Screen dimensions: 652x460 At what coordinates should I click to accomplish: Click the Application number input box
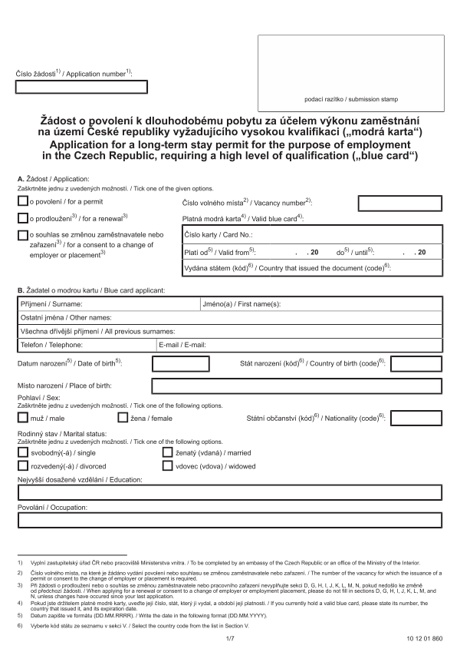(x=81, y=87)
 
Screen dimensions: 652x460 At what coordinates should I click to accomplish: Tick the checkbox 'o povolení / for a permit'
(x=22, y=201)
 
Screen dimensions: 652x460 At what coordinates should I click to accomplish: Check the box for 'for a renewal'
(x=22, y=217)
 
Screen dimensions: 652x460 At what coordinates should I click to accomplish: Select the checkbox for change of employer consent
(x=22, y=233)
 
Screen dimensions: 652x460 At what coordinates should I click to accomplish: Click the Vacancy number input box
(x=399, y=202)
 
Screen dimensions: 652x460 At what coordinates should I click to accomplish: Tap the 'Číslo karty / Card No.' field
(x=345, y=235)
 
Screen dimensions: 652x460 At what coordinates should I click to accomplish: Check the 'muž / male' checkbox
(x=22, y=418)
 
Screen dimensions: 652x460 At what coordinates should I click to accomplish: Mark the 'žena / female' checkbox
(x=123, y=418)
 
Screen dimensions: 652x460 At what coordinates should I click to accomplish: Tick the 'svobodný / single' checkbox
(x=22, y=452)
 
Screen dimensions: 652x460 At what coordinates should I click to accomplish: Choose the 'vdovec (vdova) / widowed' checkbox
(x=168, y=466)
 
